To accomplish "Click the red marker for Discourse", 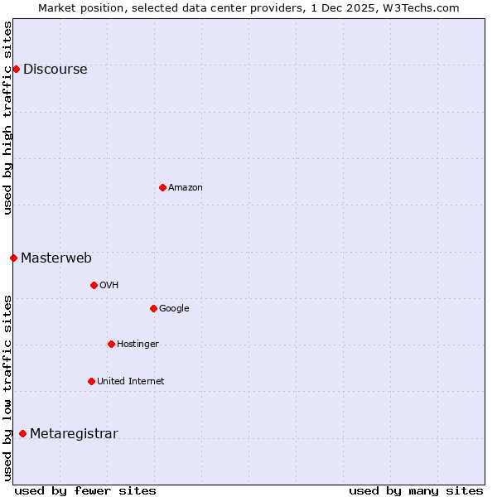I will tap(16, 69).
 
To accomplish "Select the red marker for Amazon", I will tap(162, 187).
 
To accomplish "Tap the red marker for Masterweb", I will tap(13, 258).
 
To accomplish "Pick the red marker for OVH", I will tap(94, 285).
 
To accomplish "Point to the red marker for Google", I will tap(153, 308).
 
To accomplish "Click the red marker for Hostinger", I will tap(111, 344).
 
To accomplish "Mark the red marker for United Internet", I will tap(91, 381).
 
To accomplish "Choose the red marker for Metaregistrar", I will tap(22, 433).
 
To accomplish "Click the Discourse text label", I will tap(55, 70).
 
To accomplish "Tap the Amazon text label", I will tap(186, 188).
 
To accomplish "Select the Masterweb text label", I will tap(56, 258).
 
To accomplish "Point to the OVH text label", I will tap(109, 286).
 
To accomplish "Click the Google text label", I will tap(174, 309).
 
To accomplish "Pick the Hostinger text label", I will tap(138, 345).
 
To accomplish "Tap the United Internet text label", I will tap(130, 382).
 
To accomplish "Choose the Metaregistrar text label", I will tap(74, 434).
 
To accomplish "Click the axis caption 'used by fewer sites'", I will tap(85, 490).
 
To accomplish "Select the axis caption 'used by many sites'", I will tap(416, 490).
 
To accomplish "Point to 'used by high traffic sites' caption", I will tap(7, 118).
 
